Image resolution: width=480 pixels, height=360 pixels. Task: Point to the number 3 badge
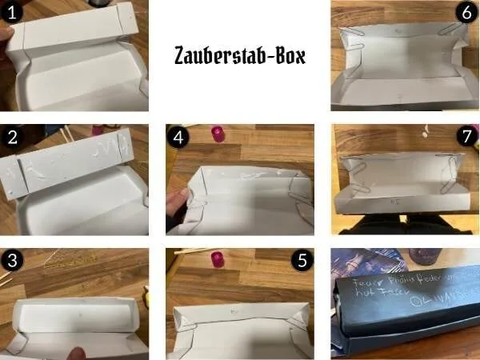[13, 261]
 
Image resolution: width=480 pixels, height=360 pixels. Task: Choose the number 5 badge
[300, 261]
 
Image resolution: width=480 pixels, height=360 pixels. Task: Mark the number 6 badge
[465, 13]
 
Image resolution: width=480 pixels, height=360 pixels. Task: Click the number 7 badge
[465, 137]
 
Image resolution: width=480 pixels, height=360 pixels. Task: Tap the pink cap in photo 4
[216, 133]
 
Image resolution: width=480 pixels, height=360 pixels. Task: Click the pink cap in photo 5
[216, 258]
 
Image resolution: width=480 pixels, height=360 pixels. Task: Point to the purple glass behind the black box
[423, 258]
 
